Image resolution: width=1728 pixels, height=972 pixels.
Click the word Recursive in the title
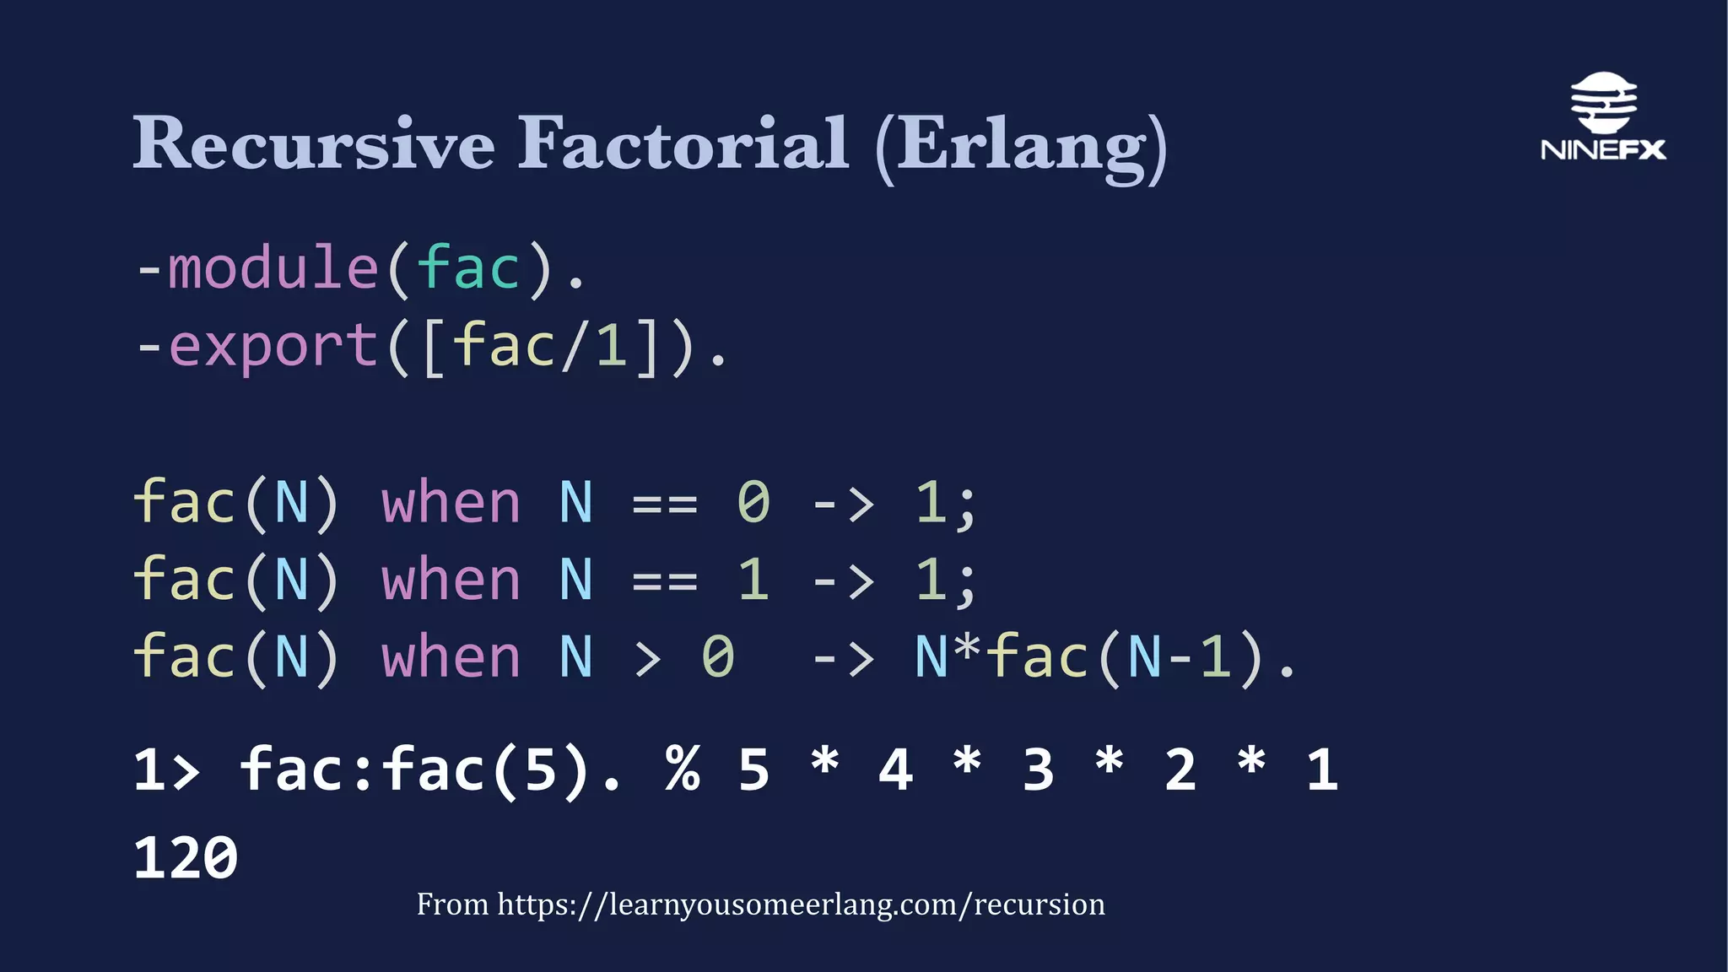point(313,143)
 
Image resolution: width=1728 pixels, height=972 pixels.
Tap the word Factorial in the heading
point(683,143)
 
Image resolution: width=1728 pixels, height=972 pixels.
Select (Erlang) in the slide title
point(1021,147)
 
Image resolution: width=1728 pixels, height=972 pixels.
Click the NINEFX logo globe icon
point(1603,102)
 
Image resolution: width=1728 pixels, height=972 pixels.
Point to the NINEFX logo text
point(1603,150)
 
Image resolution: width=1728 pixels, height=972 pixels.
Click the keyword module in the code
point(273,268)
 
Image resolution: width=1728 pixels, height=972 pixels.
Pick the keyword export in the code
point(273,346)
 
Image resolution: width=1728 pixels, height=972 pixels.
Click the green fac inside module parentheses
point(468,268)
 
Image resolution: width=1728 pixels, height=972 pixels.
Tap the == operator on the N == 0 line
point(665,505)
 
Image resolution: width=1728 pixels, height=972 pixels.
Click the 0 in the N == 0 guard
point(753,503)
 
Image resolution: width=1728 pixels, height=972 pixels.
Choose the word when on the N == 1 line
point(451,580)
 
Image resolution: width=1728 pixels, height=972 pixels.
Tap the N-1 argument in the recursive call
point(1180,658)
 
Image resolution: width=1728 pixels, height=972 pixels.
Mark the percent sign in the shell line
point(682,769)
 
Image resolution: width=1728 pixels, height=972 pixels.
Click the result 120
point(186,859)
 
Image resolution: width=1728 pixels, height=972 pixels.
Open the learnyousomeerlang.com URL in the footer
point(800,904)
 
